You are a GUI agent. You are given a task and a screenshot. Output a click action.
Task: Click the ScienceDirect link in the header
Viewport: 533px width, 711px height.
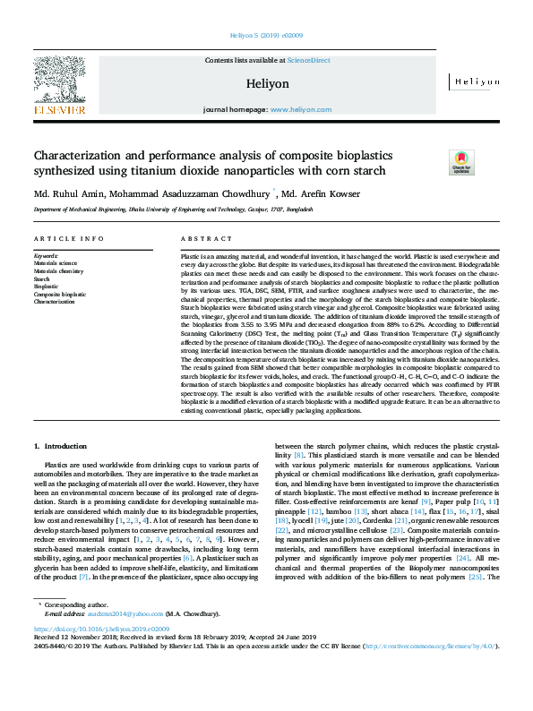(x=308, y=60)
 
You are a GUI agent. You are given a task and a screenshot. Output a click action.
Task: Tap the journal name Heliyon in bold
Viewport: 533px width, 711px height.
(x=267, y=82)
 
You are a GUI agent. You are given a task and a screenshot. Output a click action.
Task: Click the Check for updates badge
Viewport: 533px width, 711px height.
(x=460, y=162)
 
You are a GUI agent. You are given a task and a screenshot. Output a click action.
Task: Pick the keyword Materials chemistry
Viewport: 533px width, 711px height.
(x=57, y=271)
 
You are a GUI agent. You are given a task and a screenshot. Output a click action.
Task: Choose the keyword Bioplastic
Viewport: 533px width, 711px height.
(x=46, y=287)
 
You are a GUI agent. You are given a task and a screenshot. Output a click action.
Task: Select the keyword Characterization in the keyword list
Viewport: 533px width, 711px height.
(x=56, y=302)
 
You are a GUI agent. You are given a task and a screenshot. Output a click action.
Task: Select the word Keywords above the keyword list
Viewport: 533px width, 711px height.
(x=46, y=256)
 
